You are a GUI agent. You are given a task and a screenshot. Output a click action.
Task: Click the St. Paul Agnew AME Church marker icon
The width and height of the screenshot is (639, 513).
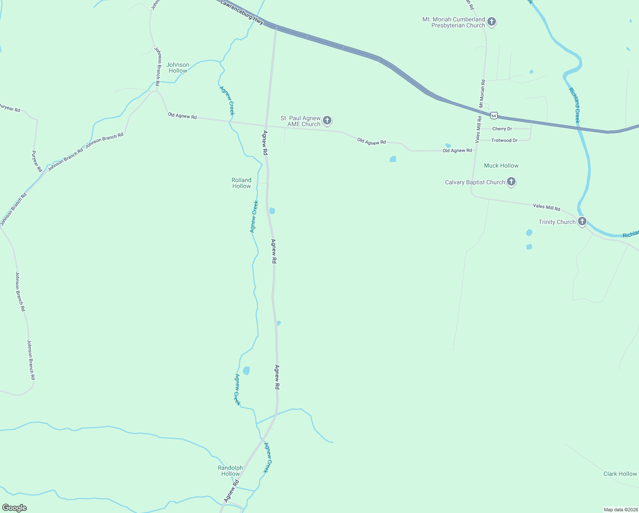(327, 121)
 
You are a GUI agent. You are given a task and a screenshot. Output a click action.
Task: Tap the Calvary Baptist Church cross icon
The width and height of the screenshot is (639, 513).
(511, 182)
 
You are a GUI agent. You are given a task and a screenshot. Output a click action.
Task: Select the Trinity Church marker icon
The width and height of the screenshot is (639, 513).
(582, 221)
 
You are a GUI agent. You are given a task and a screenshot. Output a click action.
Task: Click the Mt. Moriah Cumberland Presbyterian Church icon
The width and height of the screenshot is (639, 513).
(492, 21)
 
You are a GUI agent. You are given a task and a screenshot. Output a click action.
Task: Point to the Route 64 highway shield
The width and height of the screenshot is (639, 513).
(494, 115)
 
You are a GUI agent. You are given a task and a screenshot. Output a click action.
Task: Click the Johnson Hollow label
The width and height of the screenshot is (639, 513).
(178, 68)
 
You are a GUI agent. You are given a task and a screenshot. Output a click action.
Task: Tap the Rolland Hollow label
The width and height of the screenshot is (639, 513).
(241, 183)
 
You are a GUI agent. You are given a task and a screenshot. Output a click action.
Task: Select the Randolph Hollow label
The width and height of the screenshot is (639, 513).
(230, 471)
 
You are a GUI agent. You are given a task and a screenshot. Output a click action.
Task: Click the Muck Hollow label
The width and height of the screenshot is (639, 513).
(501, 165)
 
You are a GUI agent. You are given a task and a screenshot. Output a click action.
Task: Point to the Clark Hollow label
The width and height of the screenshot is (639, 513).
(620, 474)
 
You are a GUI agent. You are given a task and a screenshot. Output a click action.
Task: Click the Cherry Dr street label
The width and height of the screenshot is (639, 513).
(502, 129)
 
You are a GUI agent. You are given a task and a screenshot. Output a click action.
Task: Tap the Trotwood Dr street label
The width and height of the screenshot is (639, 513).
(504, 140)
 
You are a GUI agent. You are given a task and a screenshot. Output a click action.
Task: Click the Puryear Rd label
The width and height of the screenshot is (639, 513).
(37, 161)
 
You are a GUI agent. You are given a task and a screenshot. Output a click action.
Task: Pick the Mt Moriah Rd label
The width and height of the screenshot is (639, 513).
(482, 93)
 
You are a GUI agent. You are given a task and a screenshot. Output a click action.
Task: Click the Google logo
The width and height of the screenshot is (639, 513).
(15, 508)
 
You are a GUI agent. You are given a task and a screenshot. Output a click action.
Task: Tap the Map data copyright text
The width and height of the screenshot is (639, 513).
(621, 510)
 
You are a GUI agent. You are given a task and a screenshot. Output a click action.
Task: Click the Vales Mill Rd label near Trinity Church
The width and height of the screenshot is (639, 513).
(546, 207)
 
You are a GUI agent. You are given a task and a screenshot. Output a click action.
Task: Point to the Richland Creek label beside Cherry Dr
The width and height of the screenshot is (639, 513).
(575, 105)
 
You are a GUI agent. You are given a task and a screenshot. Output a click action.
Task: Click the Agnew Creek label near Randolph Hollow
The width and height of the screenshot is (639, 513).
(267, 457)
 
